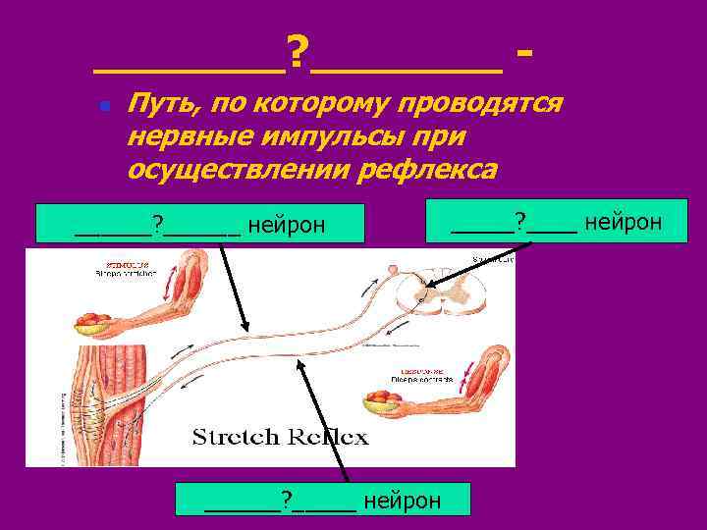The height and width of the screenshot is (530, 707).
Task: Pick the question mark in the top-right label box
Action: (521, 222)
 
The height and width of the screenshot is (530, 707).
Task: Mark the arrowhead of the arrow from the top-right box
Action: (428, 288)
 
